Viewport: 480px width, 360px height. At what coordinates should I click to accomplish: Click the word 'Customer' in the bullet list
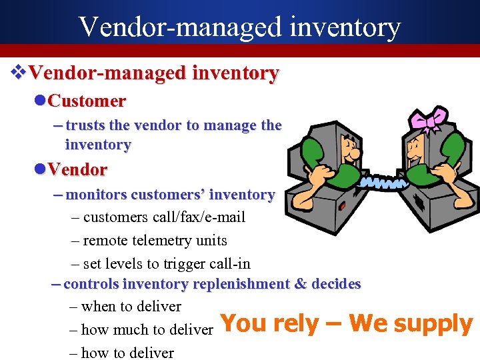click(x=87, y=101)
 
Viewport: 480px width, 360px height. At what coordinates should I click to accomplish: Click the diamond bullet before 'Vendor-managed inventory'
click(x=20, y=73)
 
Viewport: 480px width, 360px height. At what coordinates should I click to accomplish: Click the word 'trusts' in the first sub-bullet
click(x=85, y=125)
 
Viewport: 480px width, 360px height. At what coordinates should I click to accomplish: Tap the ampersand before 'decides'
click(x=301, y=284)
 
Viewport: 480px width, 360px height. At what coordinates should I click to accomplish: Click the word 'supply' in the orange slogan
click(x=433, y=324)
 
